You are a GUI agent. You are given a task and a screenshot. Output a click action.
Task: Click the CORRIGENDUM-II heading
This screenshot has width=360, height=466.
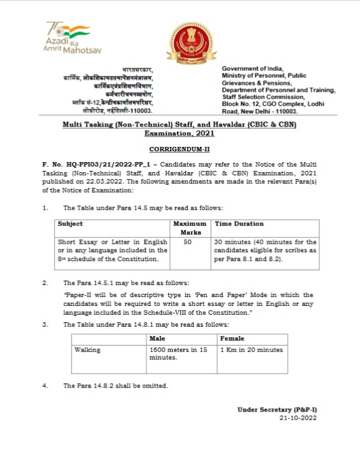[180, 149]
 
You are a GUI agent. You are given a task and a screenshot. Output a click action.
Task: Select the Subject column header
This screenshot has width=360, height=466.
[70, 224]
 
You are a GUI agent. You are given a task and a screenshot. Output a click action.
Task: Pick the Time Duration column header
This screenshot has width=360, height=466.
[239, 224]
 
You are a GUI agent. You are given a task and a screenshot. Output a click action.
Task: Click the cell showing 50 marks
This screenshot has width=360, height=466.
[188, 242]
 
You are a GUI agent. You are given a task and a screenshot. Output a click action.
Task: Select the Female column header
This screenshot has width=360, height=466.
[232, 339]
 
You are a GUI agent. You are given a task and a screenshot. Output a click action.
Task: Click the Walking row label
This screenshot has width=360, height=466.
[87, 349]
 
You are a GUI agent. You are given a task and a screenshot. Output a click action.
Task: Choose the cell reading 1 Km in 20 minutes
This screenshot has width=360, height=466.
[252, 349]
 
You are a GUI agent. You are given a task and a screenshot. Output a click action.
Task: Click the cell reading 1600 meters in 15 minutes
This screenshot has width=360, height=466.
[178, 353]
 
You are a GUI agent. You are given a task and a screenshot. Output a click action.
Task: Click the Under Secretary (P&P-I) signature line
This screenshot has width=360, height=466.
[277, 410]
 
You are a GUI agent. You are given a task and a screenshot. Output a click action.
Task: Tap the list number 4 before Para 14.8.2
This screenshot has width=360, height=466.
[44, 386]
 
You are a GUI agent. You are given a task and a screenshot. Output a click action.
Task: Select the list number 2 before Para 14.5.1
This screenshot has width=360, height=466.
[44, 283]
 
